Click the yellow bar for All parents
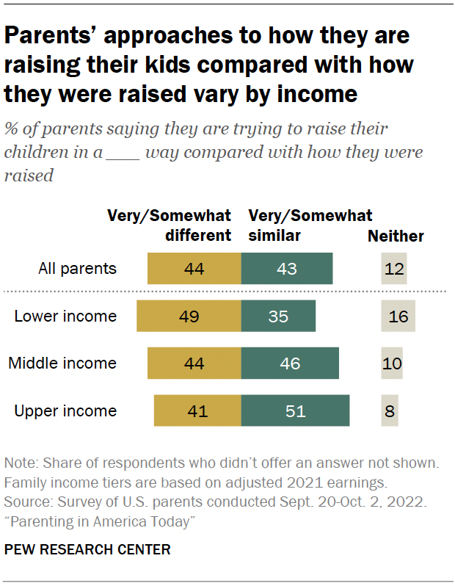194,268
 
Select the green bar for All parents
287,268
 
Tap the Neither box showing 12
394,268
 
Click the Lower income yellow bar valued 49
189,316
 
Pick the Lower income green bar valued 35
278,316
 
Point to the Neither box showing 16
398,316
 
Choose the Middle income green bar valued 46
290,363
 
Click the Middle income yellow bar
194,363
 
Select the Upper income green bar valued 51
295,410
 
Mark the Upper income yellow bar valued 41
197,410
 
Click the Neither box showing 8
390,410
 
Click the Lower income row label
65,316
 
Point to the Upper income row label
65,410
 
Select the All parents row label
77,268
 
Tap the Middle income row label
62,363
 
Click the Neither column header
396,236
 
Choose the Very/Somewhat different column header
170,225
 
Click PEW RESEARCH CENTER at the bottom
87,549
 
